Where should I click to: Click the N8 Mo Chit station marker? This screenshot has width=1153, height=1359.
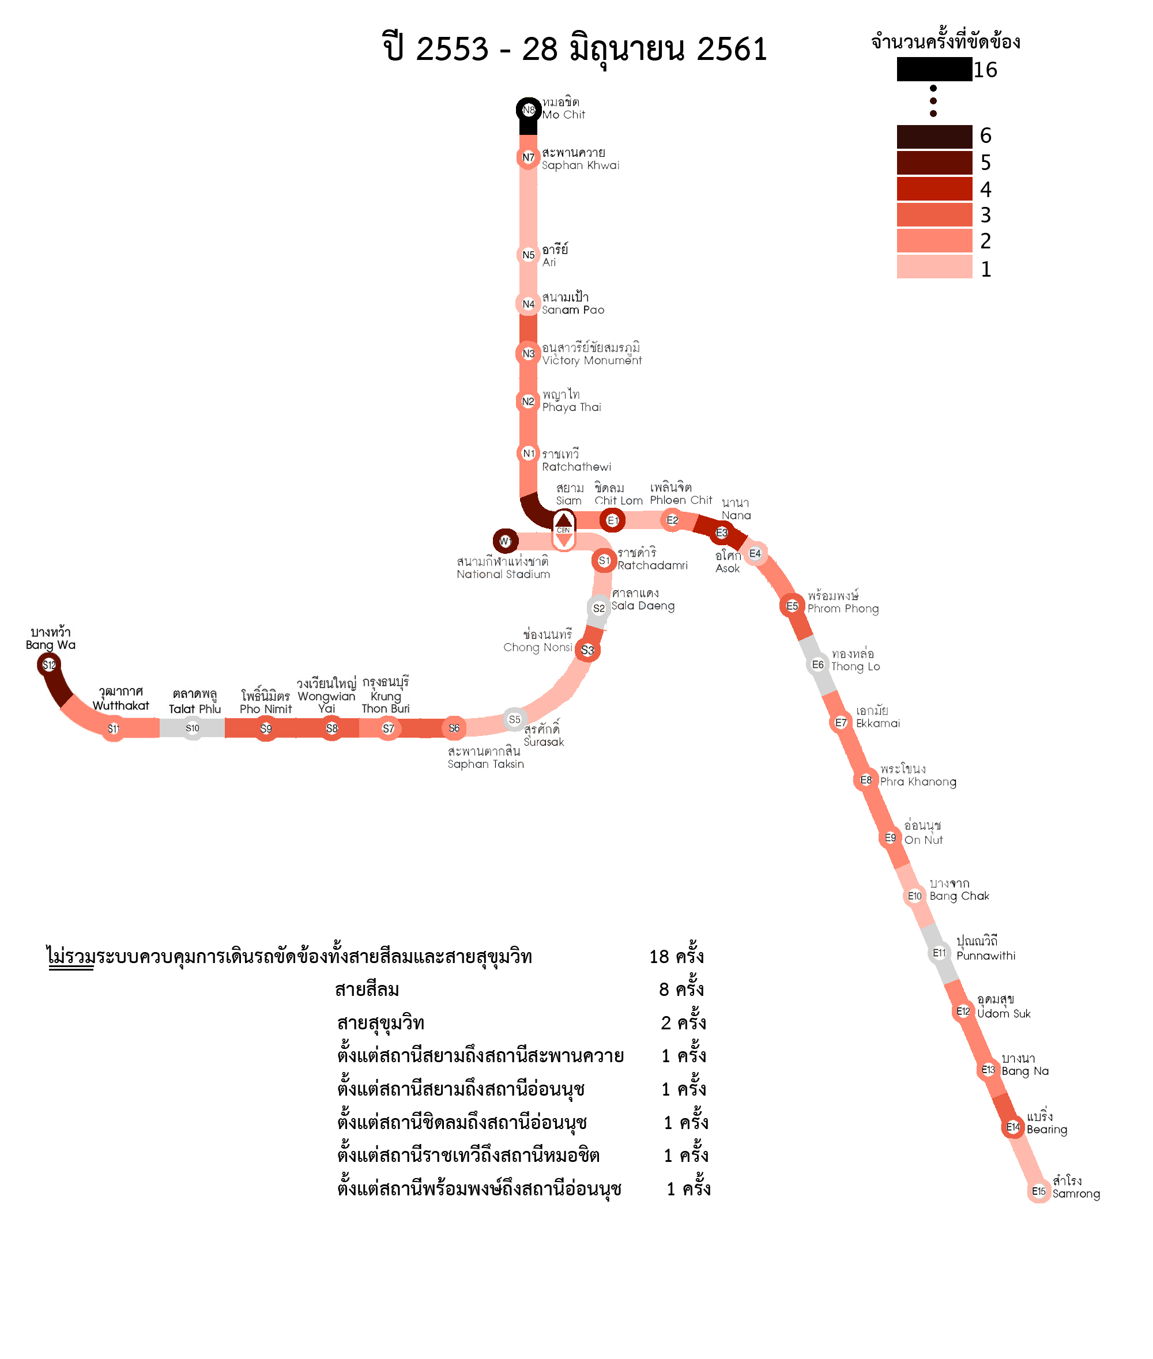pos(528,110)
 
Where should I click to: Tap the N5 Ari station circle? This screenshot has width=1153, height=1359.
pos(528,255)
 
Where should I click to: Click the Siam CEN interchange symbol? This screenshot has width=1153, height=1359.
pos(563,530)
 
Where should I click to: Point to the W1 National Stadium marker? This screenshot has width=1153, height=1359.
pos(505,541)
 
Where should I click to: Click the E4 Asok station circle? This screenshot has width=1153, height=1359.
pos(755,553)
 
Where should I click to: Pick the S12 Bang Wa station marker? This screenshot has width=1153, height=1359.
pos(49,665)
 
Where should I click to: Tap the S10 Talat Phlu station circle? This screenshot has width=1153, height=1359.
pos(192,728)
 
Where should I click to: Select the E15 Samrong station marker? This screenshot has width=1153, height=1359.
pos(1039,1191)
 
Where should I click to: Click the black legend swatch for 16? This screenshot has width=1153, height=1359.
pos(934,69)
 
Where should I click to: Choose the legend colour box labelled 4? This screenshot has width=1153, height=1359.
pos(934,189)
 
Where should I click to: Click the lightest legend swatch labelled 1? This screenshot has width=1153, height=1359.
pos(934,267)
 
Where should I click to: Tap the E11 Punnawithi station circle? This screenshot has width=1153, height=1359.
pos(939,953)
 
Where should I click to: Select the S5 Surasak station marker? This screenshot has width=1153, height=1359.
pos(514,719)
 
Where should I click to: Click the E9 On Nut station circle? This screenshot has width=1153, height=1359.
pos(890,837)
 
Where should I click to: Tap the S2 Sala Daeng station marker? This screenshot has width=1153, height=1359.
pos(599,608)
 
